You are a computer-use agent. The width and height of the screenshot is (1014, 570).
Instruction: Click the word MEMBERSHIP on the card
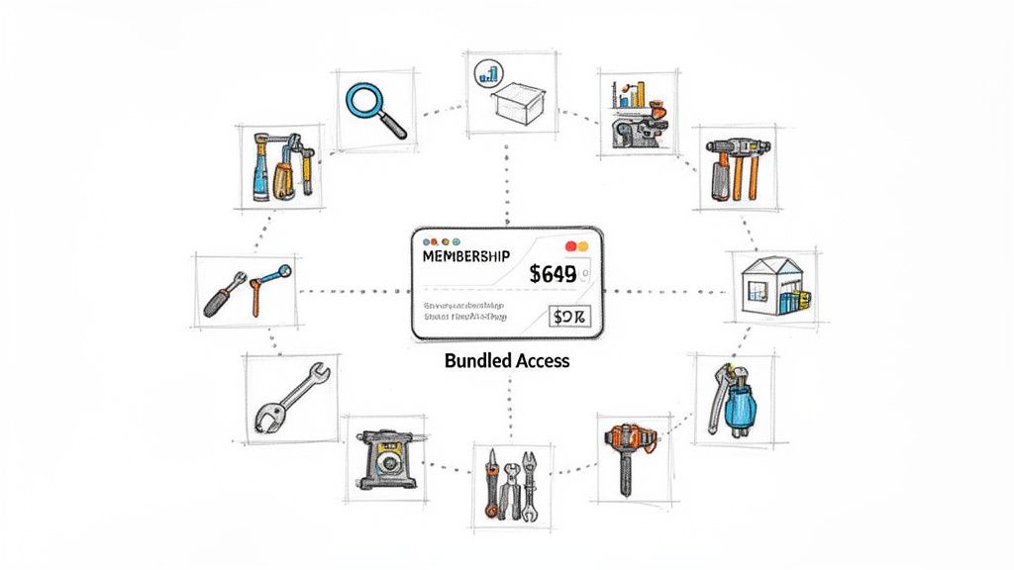(x=466, y=256)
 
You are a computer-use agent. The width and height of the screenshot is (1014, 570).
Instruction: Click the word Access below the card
(x=544, y=360)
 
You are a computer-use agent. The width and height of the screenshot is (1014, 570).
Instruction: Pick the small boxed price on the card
(x=570, y=317)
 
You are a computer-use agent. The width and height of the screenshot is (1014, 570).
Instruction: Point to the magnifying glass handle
(x=393, y=127)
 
